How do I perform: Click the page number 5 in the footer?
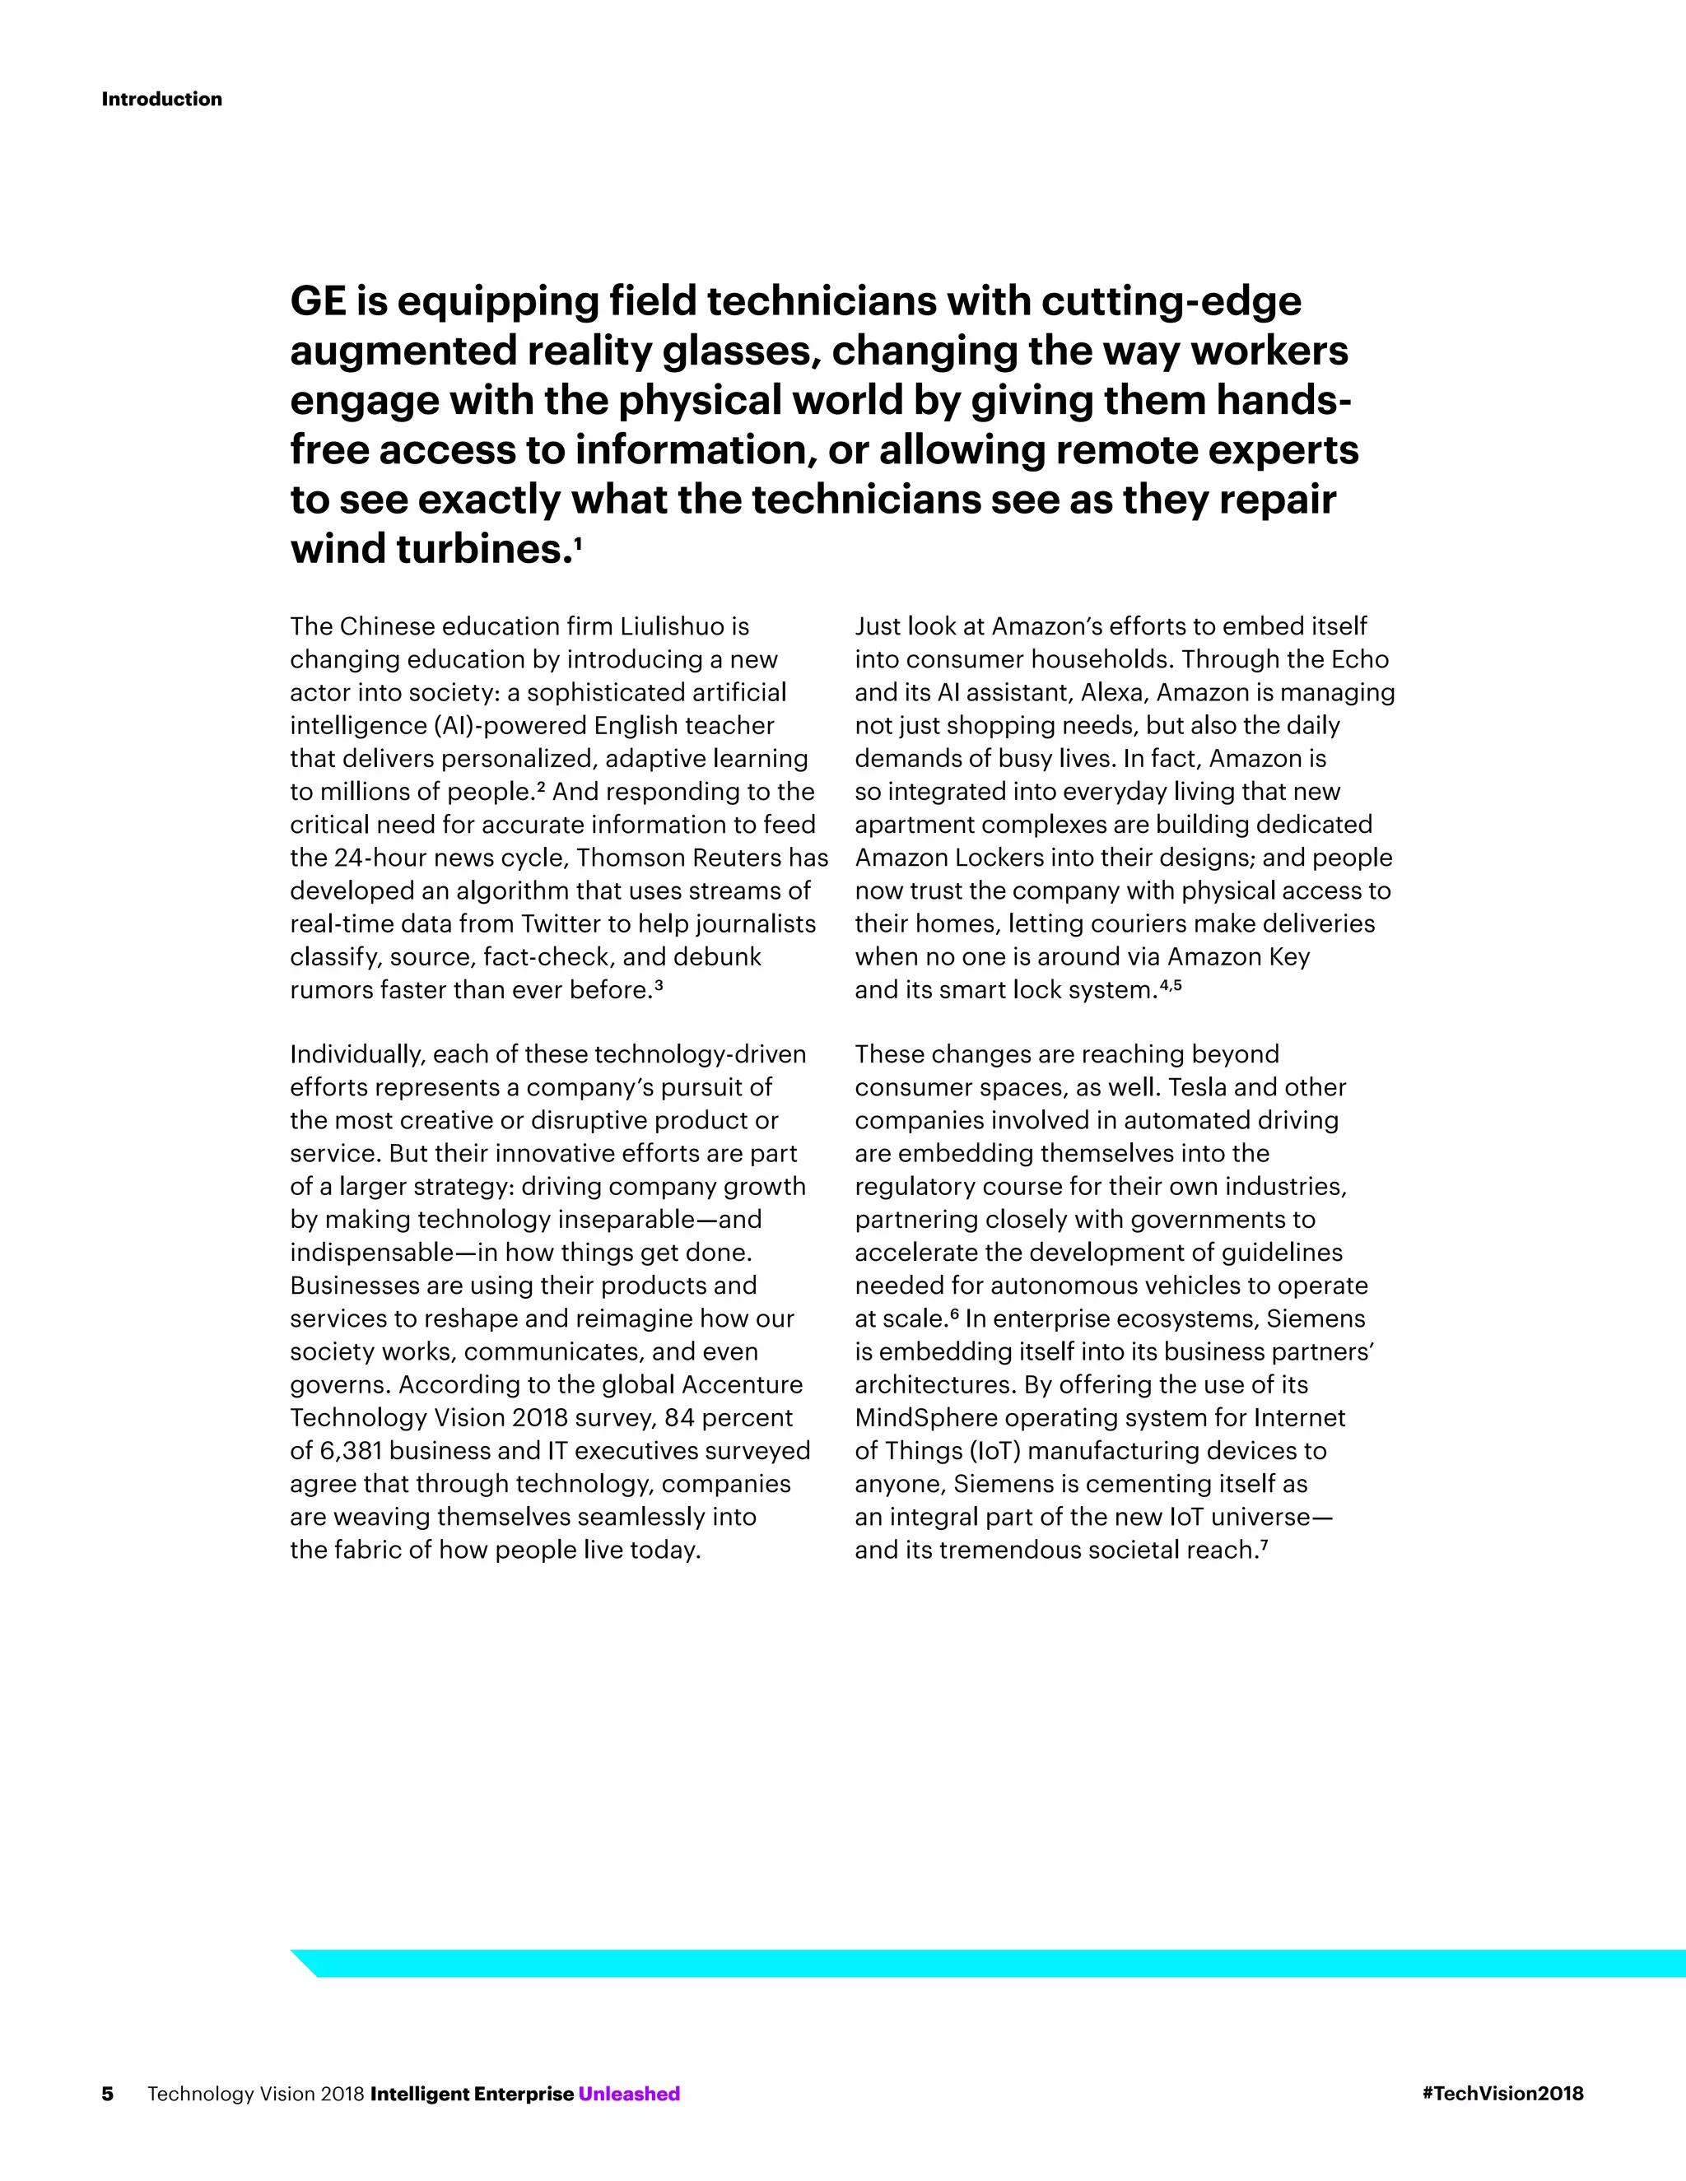coord(108,2093)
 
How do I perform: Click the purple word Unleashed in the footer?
coord(628,2093)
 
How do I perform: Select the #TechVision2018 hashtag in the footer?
coord(1502,2093)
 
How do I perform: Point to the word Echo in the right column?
coord(1359,659)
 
